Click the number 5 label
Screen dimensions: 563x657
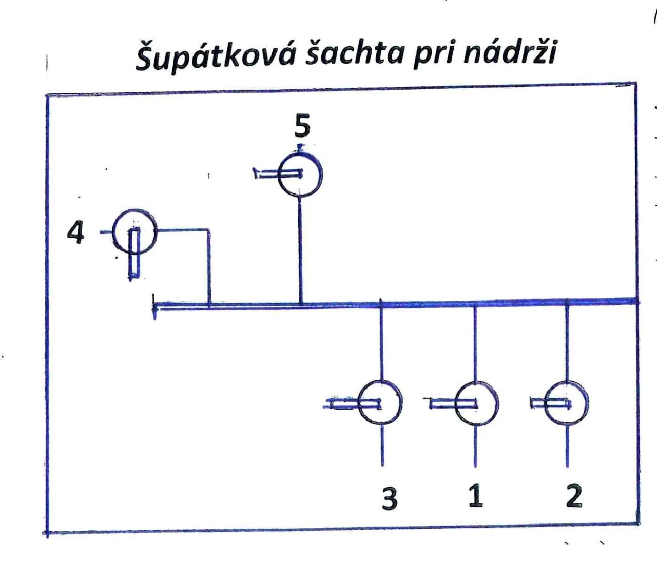pyautogui.click(x=302, y=126)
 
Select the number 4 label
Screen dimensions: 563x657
pyautogui.click(x=75, y=232)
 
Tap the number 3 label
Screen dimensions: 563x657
pyautogui.click(x=390, y=498)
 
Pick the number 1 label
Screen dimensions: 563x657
pyautogui.click(x=476, y=496)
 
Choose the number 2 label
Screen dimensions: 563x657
pyautogui.click(x=574, y=496)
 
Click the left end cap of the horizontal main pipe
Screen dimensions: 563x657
pyautogui.click(x=154, y=306)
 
